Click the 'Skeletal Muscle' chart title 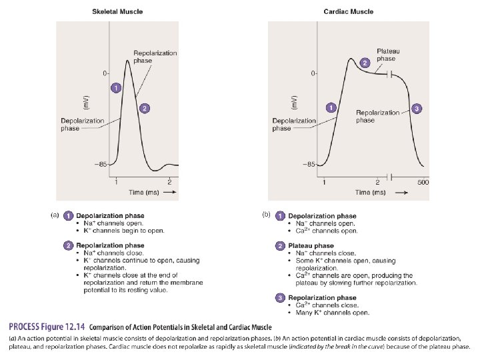click(x=117, y=11)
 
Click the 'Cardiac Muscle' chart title click(x=349, y=11)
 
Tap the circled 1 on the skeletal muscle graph click(x=116, y=88)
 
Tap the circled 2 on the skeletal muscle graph click(x=145, y=108)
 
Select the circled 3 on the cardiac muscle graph click(x=417, y=108)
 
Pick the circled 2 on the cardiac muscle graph click(x=365, y=62)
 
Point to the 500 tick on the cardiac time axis click(x=423, y=182)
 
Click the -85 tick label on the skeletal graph click(x=101, y=164)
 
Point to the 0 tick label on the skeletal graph click(x=104, y=72)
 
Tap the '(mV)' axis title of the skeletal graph click(x=86, y=103)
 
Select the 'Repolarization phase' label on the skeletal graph click(x=155, y=57)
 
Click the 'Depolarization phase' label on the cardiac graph click(x=293, y=125)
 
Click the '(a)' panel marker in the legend click(x=56, y=215)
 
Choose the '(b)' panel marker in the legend click(x=266, y=215)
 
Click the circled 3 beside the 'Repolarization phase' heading click(x=281, y=297)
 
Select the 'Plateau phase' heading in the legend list click(x=311, y=246)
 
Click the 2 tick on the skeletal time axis click(x=169, y=182)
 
